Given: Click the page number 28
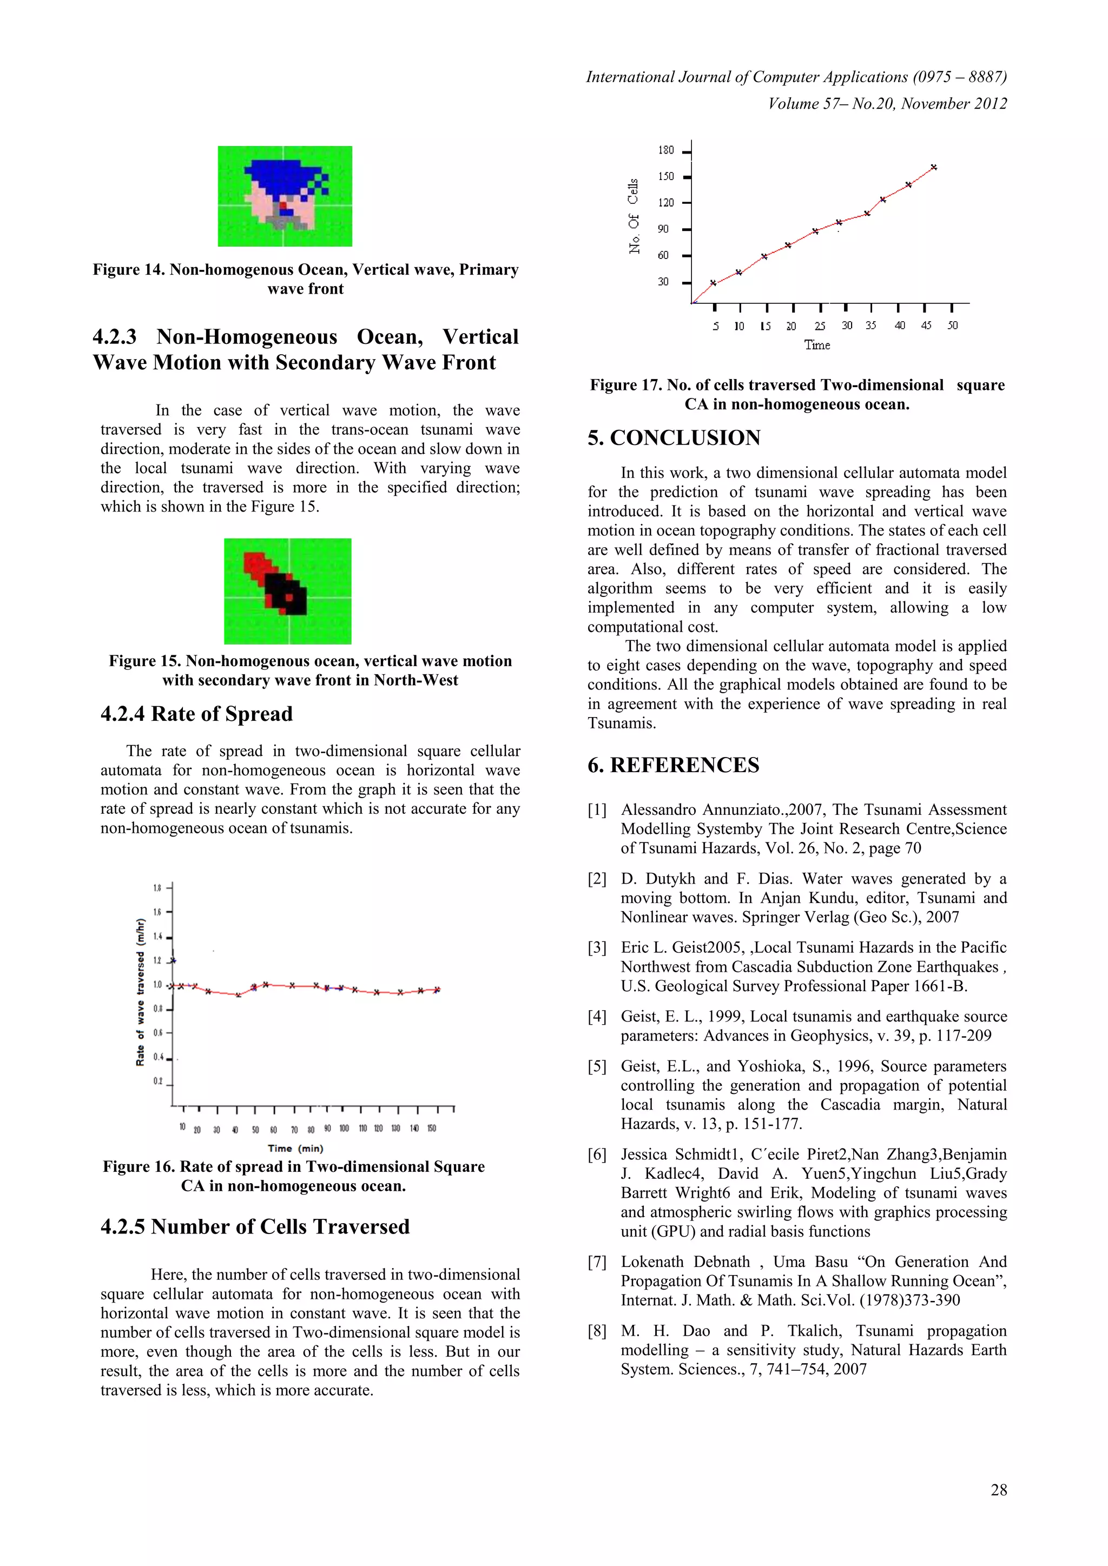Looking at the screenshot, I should point(998,1490).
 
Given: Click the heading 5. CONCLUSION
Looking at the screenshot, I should point(674,438).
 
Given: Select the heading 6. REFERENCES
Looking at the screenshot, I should point(674,765).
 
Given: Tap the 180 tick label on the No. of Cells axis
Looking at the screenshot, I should point(665,150).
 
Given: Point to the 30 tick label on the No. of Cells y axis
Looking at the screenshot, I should point(663,282).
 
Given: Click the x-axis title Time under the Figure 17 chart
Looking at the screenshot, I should point(817,345).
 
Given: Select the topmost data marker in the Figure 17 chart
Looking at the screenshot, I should point(933,167).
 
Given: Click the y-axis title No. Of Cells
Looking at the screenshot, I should point(634,216).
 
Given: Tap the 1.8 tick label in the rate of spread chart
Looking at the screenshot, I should point(157,887).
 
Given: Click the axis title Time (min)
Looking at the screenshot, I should point(295,1149).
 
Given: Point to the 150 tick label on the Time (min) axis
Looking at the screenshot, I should point(431,1128).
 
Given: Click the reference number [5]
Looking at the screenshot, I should point(597,1066).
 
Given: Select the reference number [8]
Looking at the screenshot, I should point(597,1331).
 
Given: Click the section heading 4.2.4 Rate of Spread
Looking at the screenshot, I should point(196,714).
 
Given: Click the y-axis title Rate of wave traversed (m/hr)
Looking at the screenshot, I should point(141,992).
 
